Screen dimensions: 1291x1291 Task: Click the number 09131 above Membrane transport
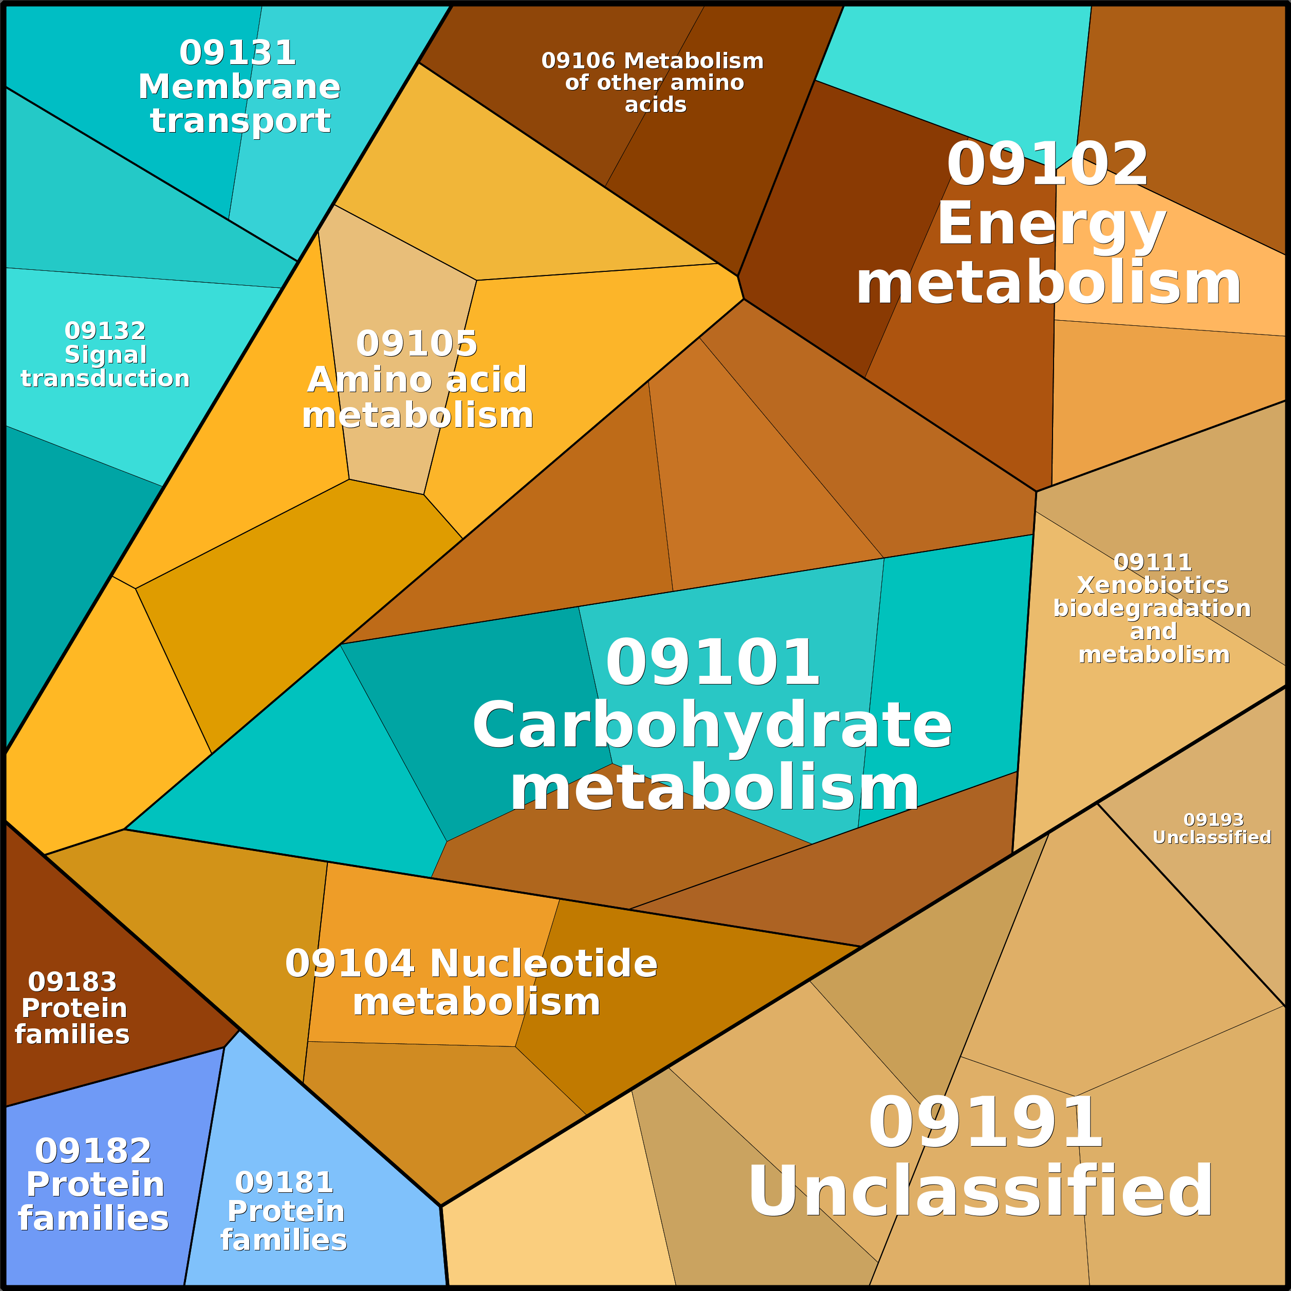coord(237,53)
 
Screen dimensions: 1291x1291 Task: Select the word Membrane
coord(239,87)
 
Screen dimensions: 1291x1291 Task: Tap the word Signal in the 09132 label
coord(105,354)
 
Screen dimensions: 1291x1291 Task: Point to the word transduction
coord(105,378)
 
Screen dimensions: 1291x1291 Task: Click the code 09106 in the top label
coord(578,61)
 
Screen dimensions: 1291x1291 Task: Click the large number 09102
coord(1047,164)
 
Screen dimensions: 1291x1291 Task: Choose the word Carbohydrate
coord(712,726)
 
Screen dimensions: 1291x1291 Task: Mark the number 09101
coord(712,663)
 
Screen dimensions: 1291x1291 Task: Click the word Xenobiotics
coord(1153,585)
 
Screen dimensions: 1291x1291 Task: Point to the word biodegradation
coord(1152,608)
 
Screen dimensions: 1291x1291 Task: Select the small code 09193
coord(1213,820)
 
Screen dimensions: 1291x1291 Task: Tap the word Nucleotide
coord(543,964)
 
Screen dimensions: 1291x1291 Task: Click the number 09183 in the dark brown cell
coord(72,982)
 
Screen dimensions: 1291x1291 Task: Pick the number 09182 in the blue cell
coord(93,1151)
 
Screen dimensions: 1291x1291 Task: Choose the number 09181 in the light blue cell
coord(284,1183)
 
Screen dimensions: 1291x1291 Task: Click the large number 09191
coord(985,1124)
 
